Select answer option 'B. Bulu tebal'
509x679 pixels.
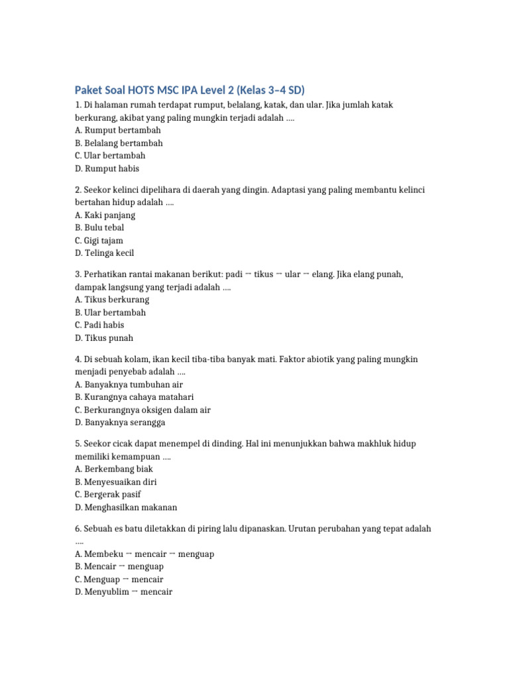99,227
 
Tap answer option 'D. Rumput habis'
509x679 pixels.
107,168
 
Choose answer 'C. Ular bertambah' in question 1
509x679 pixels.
110,155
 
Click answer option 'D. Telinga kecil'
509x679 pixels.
109,253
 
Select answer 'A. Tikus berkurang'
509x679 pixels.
112,299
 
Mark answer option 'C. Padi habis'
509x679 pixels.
99,325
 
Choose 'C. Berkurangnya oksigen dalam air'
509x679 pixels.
142,410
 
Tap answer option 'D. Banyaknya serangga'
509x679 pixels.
120,422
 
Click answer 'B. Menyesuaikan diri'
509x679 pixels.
116,482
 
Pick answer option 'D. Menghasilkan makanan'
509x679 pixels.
126,507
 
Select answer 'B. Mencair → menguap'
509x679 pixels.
119,567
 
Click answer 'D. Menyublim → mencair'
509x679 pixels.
123,592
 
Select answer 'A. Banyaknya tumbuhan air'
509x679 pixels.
129,384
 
